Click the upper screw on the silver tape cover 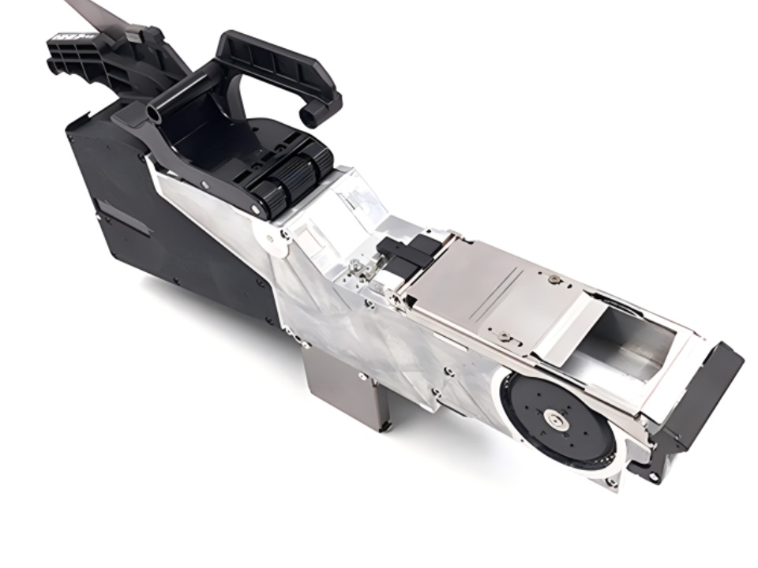556,278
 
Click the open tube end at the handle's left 152,115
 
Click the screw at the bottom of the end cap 655,477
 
